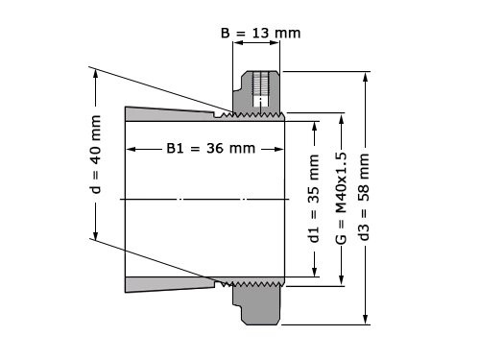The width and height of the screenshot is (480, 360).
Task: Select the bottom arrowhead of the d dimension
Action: tap(95, 237)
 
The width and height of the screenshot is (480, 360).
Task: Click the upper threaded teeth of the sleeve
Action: tap(252, 115)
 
